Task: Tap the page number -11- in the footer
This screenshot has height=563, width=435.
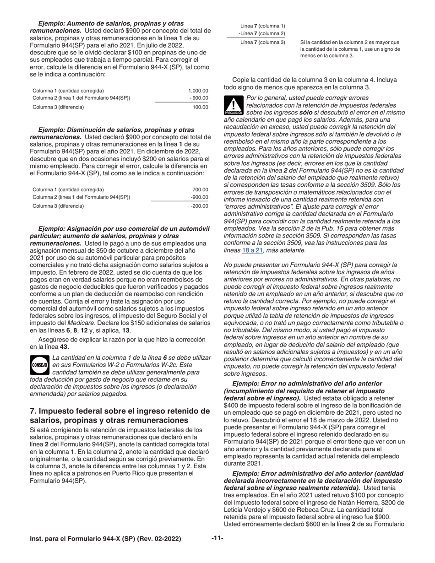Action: tap(217, 538)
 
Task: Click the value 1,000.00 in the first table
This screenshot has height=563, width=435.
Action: tap(198, 91)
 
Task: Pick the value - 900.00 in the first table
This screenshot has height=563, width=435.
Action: tap(199, 98)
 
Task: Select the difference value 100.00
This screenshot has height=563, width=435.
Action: tap(200, 107)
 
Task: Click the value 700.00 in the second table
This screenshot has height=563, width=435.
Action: tap(200, 189)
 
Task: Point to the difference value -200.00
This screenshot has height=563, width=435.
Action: tap(199, 206)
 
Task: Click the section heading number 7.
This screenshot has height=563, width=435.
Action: tap(33, 411)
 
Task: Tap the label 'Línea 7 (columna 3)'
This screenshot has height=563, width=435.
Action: tap(262, 43)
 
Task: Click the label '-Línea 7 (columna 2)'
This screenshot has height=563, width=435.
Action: tap(261, 33)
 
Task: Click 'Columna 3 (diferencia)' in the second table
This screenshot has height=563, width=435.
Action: tap(58, 206)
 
